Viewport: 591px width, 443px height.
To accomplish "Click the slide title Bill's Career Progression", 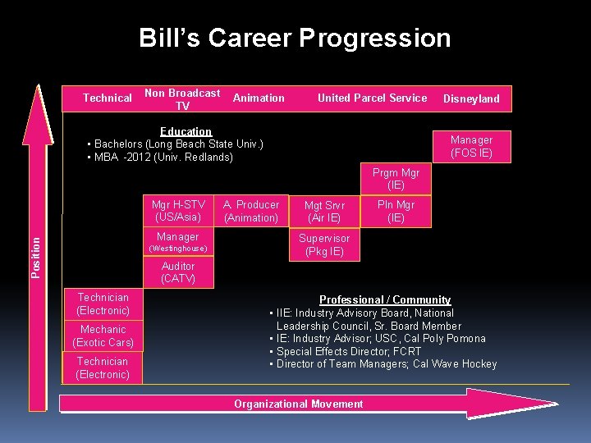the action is click(x=295, y=38).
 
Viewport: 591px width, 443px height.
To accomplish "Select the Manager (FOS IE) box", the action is click(x=471, y=147).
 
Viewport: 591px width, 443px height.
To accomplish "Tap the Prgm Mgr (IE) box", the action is click(x=396, y=180).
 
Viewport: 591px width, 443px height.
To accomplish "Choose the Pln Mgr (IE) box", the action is click(x=396, y=211).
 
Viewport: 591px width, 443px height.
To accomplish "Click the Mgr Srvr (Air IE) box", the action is click(x=324, y=212).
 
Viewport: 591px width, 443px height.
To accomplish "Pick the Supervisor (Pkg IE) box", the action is click(x=324, y=244).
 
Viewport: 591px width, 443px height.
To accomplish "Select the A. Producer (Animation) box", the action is click(x=251, y=211).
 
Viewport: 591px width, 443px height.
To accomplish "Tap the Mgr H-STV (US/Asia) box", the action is click(x=178, y=211).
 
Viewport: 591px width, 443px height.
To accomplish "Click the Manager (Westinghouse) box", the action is click(x=178, y=242).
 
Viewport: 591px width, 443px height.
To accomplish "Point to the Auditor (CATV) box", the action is click(x=178, y=272).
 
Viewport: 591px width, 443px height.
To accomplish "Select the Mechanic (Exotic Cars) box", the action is click(x=103, y=336).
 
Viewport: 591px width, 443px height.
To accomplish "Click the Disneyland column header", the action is click(x=471, y=98).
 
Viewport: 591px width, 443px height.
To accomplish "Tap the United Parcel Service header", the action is click(x=372, y=98).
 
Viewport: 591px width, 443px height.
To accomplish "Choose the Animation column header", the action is click(x=259, y=98).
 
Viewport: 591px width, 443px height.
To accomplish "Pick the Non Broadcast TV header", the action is click(x=182, y=99).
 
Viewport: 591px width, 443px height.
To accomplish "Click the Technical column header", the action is click(x=107, y=98).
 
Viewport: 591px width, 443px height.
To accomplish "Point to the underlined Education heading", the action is click(x=186, y=131).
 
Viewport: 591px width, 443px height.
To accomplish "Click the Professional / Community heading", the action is click(x=385, y=299).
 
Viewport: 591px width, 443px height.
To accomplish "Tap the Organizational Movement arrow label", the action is click(x=298, y=404).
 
